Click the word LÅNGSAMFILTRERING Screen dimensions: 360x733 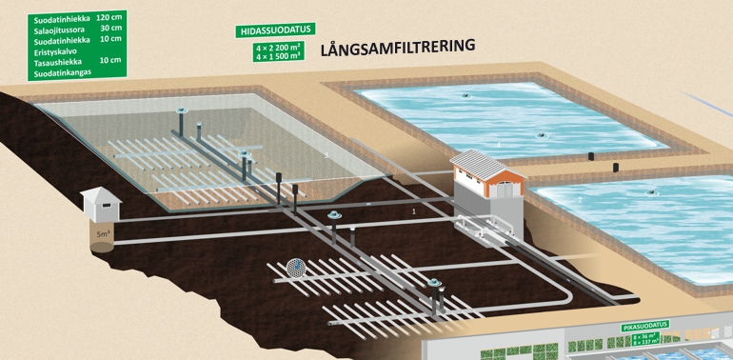coord(398,47)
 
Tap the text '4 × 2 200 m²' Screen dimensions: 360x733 coord(277,47)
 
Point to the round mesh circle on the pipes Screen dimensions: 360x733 coord(296,269)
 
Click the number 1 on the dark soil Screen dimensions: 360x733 coord(414,210)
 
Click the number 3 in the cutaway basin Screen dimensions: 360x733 coord(326,154)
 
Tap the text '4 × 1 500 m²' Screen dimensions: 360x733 coord(277,56)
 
